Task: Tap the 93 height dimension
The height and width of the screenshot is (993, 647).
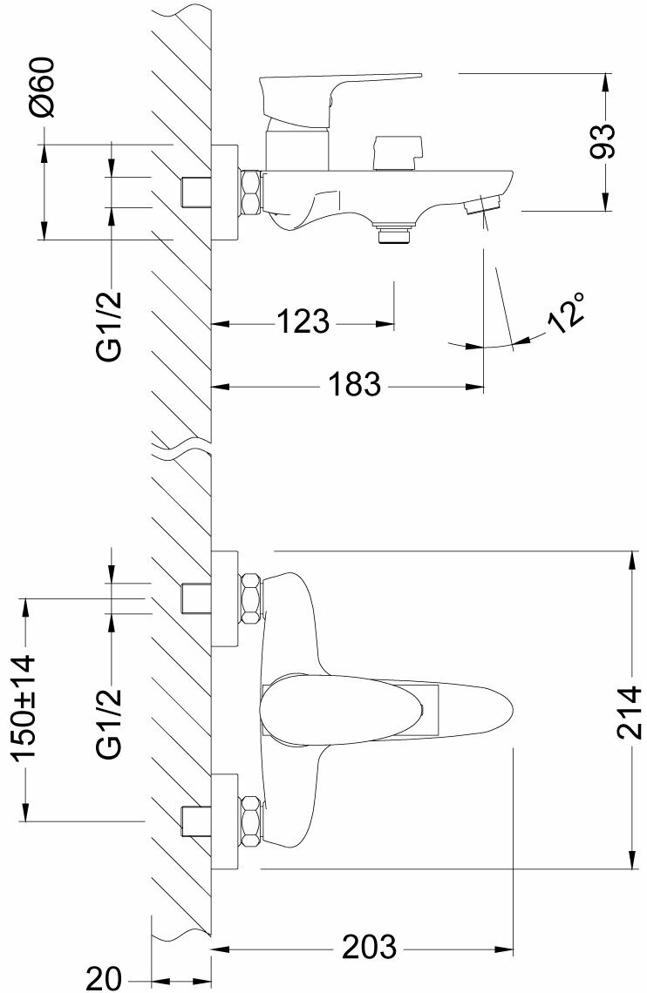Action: [602, 141]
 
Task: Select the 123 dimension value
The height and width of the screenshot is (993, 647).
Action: [303, 321]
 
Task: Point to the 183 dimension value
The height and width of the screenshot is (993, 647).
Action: [355, 384]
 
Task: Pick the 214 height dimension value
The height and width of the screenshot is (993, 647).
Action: [630, 711]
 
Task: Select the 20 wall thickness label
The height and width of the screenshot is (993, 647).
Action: [103, 978]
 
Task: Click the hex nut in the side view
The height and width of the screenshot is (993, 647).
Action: [251, 191]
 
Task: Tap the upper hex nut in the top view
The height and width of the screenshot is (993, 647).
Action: [251, 598]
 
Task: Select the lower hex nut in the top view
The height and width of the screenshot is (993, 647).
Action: [251, 821]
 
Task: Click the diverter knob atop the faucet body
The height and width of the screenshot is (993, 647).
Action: [398, 152]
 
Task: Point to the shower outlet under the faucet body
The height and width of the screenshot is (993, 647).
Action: [393, 231]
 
